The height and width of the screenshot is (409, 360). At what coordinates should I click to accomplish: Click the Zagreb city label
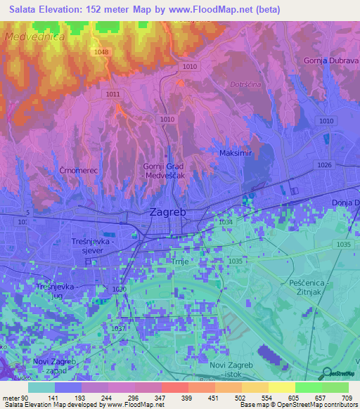(x=169, y=212)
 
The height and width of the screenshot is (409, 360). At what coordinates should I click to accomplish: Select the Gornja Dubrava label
(x=331, y=61)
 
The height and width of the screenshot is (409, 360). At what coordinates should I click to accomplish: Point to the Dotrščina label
(x=245, y=84)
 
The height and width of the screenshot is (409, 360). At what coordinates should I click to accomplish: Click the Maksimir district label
(x=235, y=152)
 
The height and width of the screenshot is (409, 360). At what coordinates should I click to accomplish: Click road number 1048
(x=102, y=52)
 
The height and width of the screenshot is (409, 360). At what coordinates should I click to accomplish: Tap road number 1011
(x=112, y=93)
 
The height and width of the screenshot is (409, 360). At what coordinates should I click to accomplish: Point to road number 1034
(x=226, y=221)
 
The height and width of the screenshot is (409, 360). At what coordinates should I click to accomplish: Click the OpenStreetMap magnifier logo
(x=326, y=375)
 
